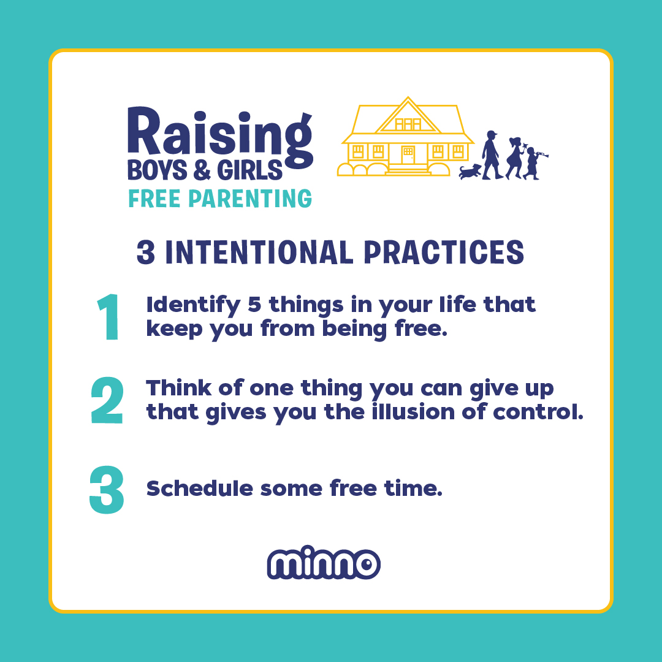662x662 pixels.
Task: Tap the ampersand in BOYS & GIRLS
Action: point(202,170)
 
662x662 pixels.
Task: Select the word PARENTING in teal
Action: point(250,199)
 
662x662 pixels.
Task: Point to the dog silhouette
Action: point(470,172)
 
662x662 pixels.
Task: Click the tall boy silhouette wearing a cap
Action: point(492,155)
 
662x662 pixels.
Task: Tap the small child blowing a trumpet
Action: point(534,163)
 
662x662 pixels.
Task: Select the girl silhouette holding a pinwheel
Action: point(516,158)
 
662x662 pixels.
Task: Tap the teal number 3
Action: point(107,490)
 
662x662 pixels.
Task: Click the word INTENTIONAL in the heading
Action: point(259,253)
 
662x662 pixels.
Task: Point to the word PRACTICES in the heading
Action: point(444,253)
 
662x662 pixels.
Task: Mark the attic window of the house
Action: point(408,124)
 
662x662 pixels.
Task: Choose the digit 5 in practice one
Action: point(254,304)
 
